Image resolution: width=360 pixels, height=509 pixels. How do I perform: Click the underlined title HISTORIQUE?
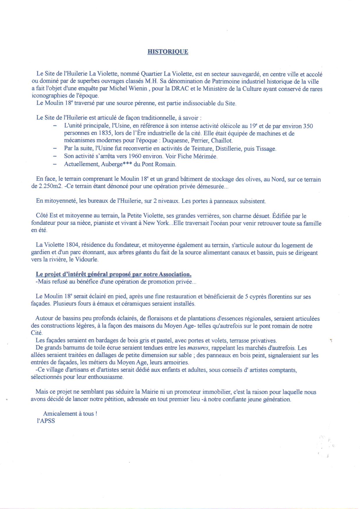(x=168, y=52)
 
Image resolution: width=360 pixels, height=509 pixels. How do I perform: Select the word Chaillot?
(x=222, y=141)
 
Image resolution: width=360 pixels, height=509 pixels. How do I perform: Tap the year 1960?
(x=135, y=156)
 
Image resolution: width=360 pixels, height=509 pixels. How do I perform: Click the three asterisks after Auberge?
(x=126, y=164)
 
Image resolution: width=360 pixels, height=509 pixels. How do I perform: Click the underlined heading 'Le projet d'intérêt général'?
(x=113, y=274)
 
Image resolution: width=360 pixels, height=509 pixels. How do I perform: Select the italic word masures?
(x=198, y=348)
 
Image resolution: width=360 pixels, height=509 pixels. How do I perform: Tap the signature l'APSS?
(x=46, y=421)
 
